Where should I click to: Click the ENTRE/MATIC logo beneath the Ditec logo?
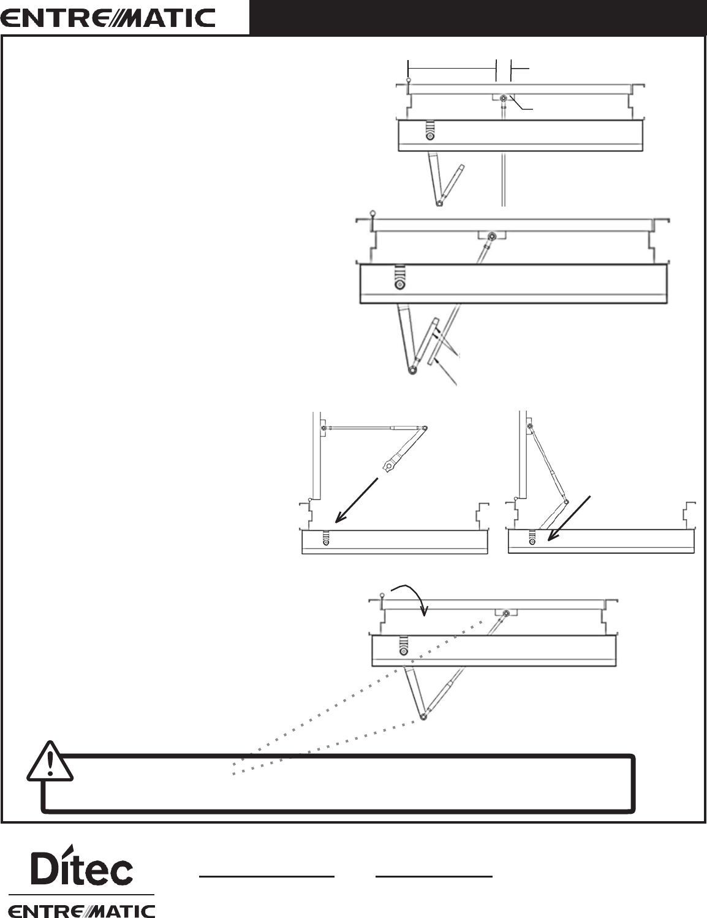[81, 909]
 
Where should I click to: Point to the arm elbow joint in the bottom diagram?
[423, 716]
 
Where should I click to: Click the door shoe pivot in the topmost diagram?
[503, 99]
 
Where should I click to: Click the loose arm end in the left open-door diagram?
[387, 468]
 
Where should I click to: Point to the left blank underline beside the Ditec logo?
[267, 876]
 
